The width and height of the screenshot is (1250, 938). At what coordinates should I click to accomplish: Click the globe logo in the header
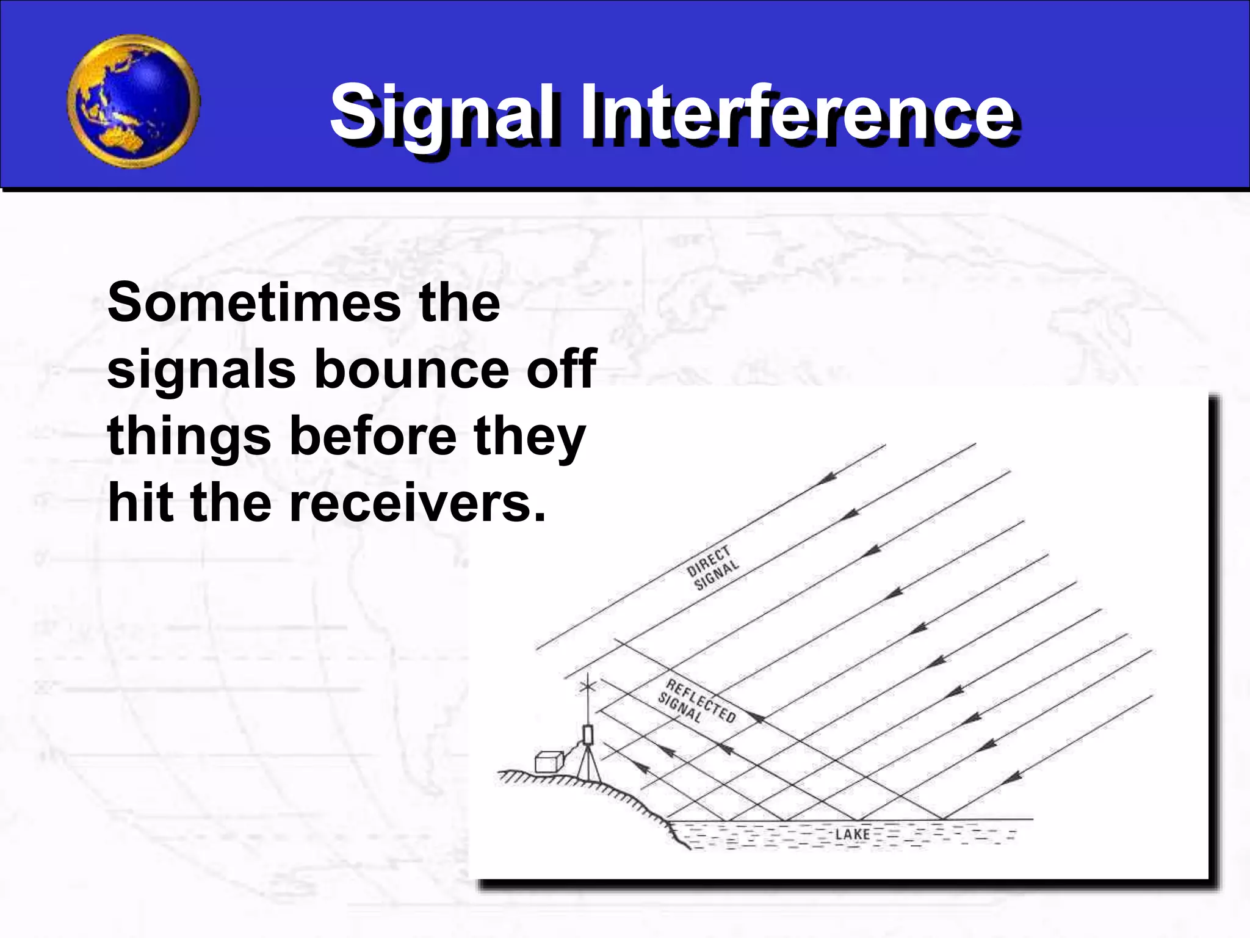click(133, 101)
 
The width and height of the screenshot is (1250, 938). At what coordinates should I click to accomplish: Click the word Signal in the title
click(443, 114)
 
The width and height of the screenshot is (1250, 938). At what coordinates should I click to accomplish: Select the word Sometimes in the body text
click(252, 303)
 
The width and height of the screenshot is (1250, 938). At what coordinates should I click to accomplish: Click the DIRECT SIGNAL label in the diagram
click(712, 568)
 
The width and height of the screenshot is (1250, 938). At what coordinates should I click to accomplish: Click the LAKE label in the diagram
click(852, 834)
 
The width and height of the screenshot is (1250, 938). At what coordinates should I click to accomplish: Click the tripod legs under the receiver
click(588, 763)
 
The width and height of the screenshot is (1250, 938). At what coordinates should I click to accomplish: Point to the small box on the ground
click(548, 762)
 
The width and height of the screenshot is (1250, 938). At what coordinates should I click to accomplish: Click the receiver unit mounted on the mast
click(588, 733)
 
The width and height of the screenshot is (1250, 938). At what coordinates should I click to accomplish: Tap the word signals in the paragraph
click(201, 370)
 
